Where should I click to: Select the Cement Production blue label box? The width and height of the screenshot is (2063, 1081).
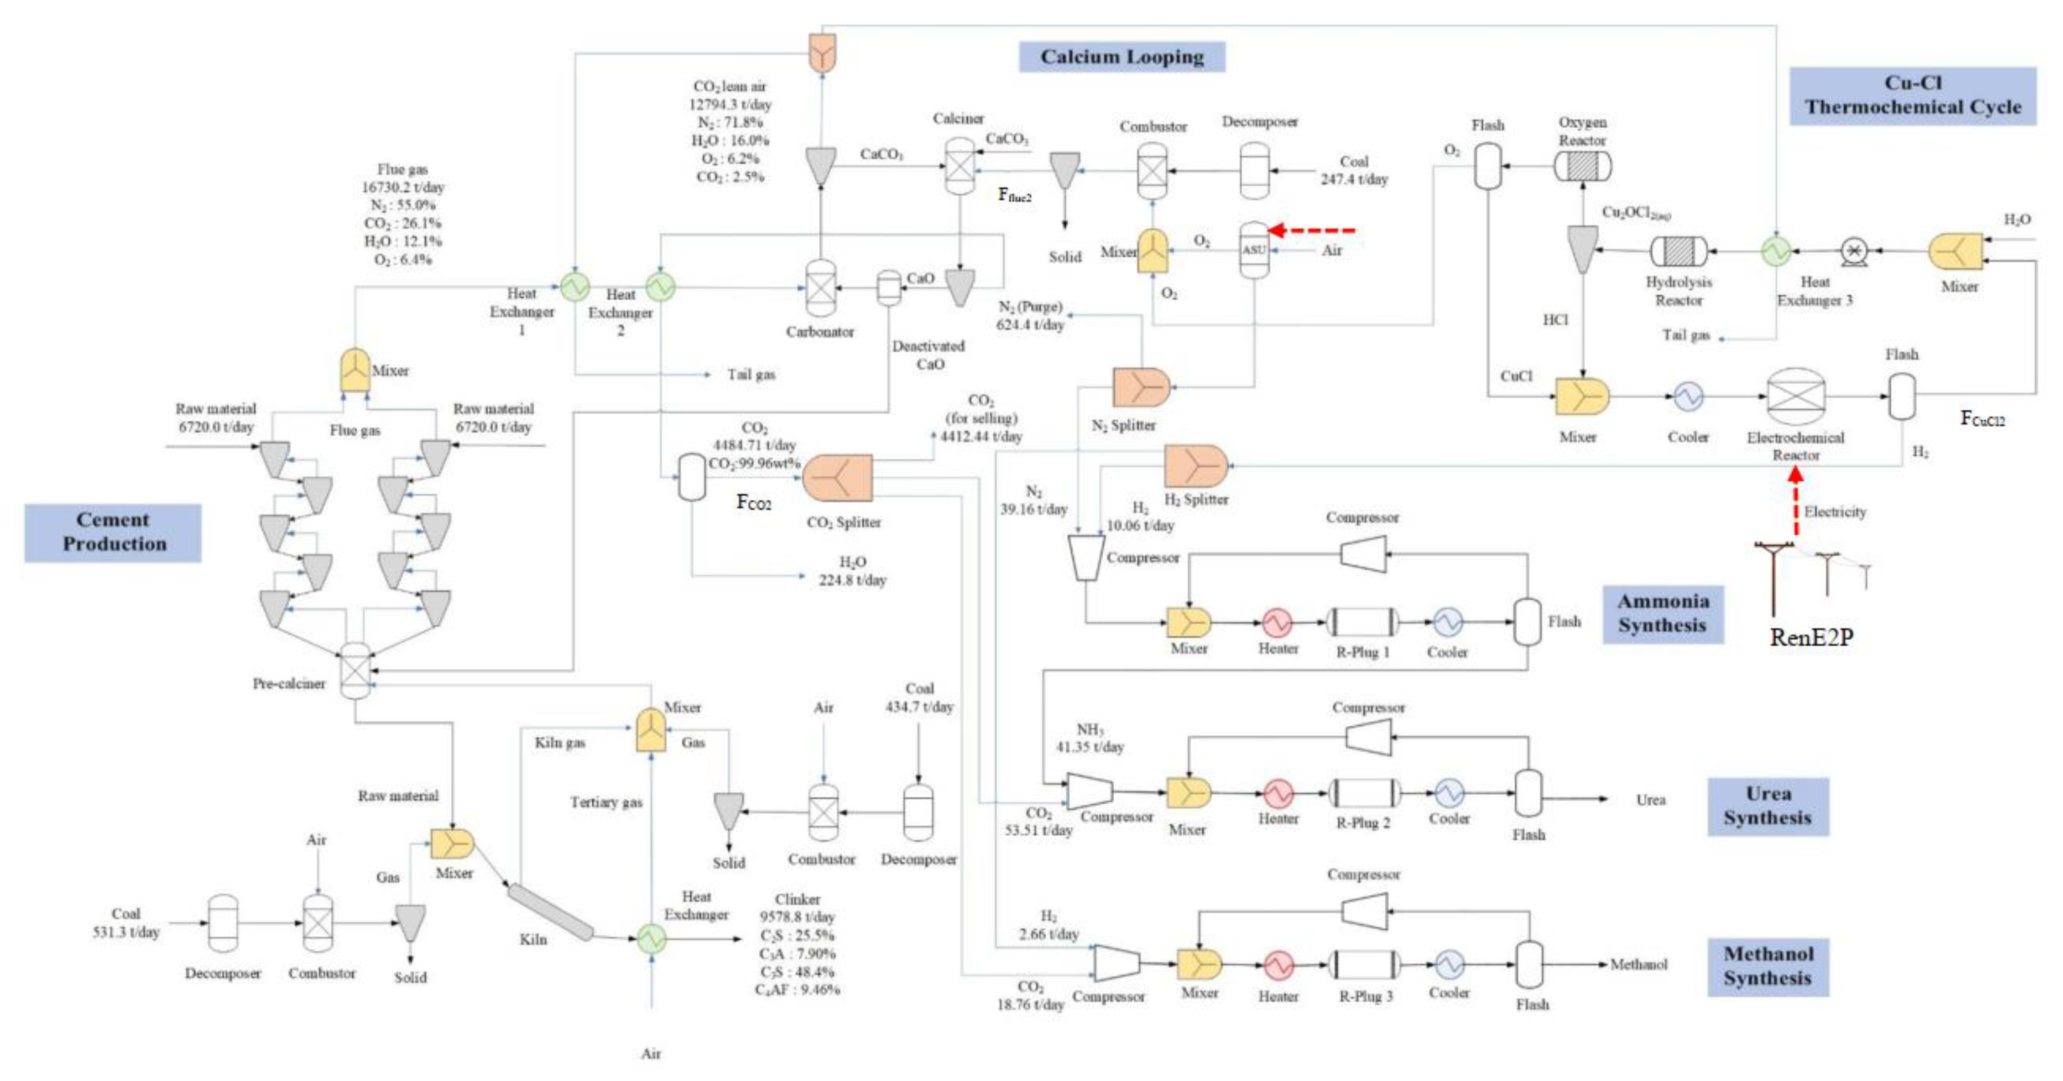click(113, 532)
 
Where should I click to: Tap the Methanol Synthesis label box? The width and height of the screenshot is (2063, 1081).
click(1768, 967)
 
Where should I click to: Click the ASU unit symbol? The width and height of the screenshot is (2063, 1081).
click(1254, 250)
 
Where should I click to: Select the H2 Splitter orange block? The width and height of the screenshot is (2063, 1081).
click(1195, 466)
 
